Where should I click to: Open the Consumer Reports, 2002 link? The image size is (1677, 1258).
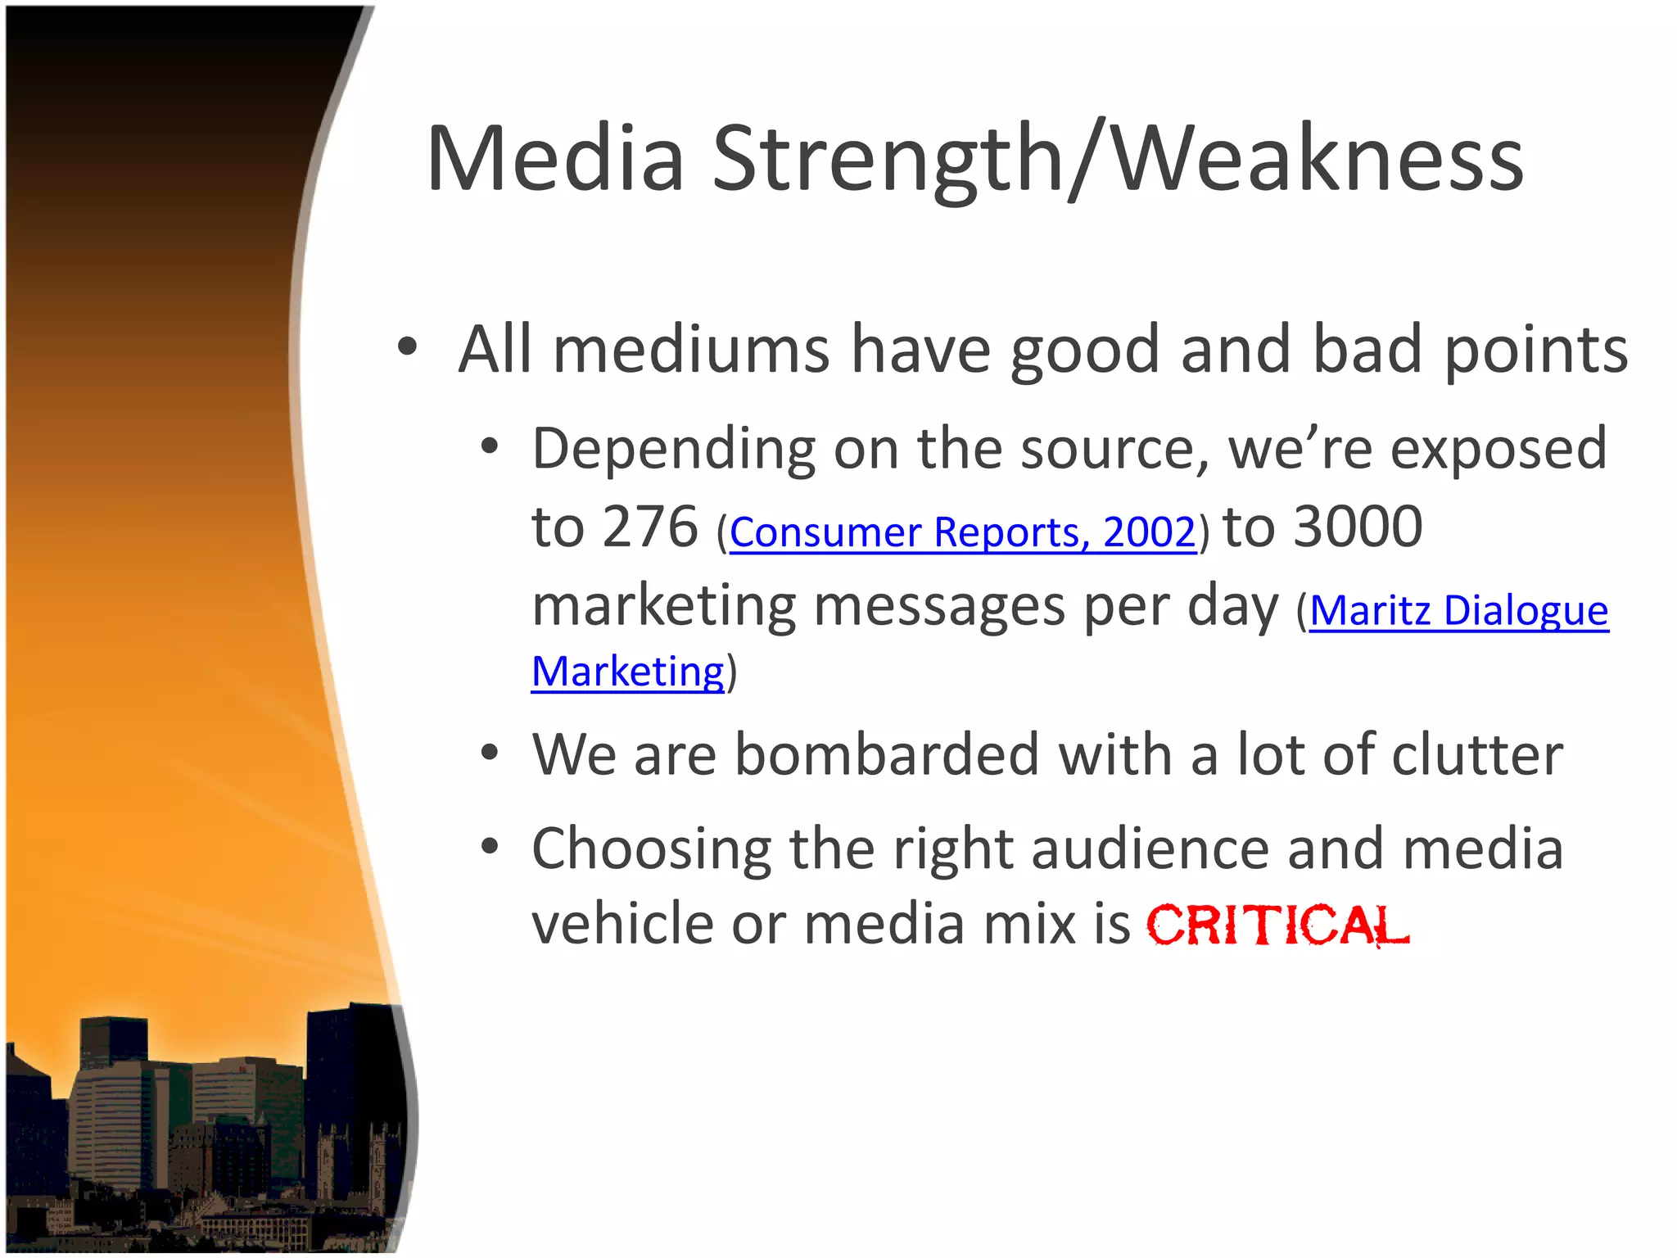tap(962, 532)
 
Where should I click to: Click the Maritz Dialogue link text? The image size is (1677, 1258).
tap(1458, 611)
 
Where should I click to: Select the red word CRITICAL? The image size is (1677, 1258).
tap(1277, 925)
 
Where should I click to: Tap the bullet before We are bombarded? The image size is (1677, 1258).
tap(490, 753)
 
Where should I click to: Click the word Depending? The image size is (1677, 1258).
tap(673, 450)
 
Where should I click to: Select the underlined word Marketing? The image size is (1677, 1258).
tap(628, 672)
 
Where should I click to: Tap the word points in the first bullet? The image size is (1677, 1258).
tap(1536, 351)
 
